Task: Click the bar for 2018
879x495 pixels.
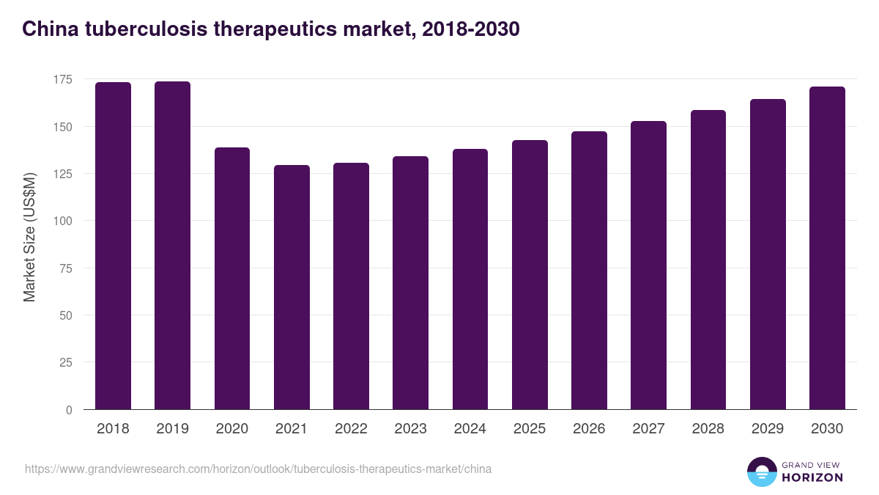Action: [x=113, y=246]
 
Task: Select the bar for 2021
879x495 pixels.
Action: [x=292, y=287]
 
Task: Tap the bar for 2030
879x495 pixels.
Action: [x=827, y=248]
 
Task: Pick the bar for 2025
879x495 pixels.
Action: [x=530, y=274]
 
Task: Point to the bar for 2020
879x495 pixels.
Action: [x=232, y=278]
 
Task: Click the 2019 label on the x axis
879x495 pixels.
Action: [x=172, y=429]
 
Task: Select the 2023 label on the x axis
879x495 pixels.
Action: [x=410, y=429]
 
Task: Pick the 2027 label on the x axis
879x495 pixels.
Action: [x=648, y=429]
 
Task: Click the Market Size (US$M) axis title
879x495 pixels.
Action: [x=29, y=237]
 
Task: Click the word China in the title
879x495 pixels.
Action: [x=46, y=29]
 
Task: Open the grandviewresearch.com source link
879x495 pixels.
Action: [x=258, y=469]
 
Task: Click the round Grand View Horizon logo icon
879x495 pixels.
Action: [x=762, y=472]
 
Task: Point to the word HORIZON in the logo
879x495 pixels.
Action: [x=812, y=477]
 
